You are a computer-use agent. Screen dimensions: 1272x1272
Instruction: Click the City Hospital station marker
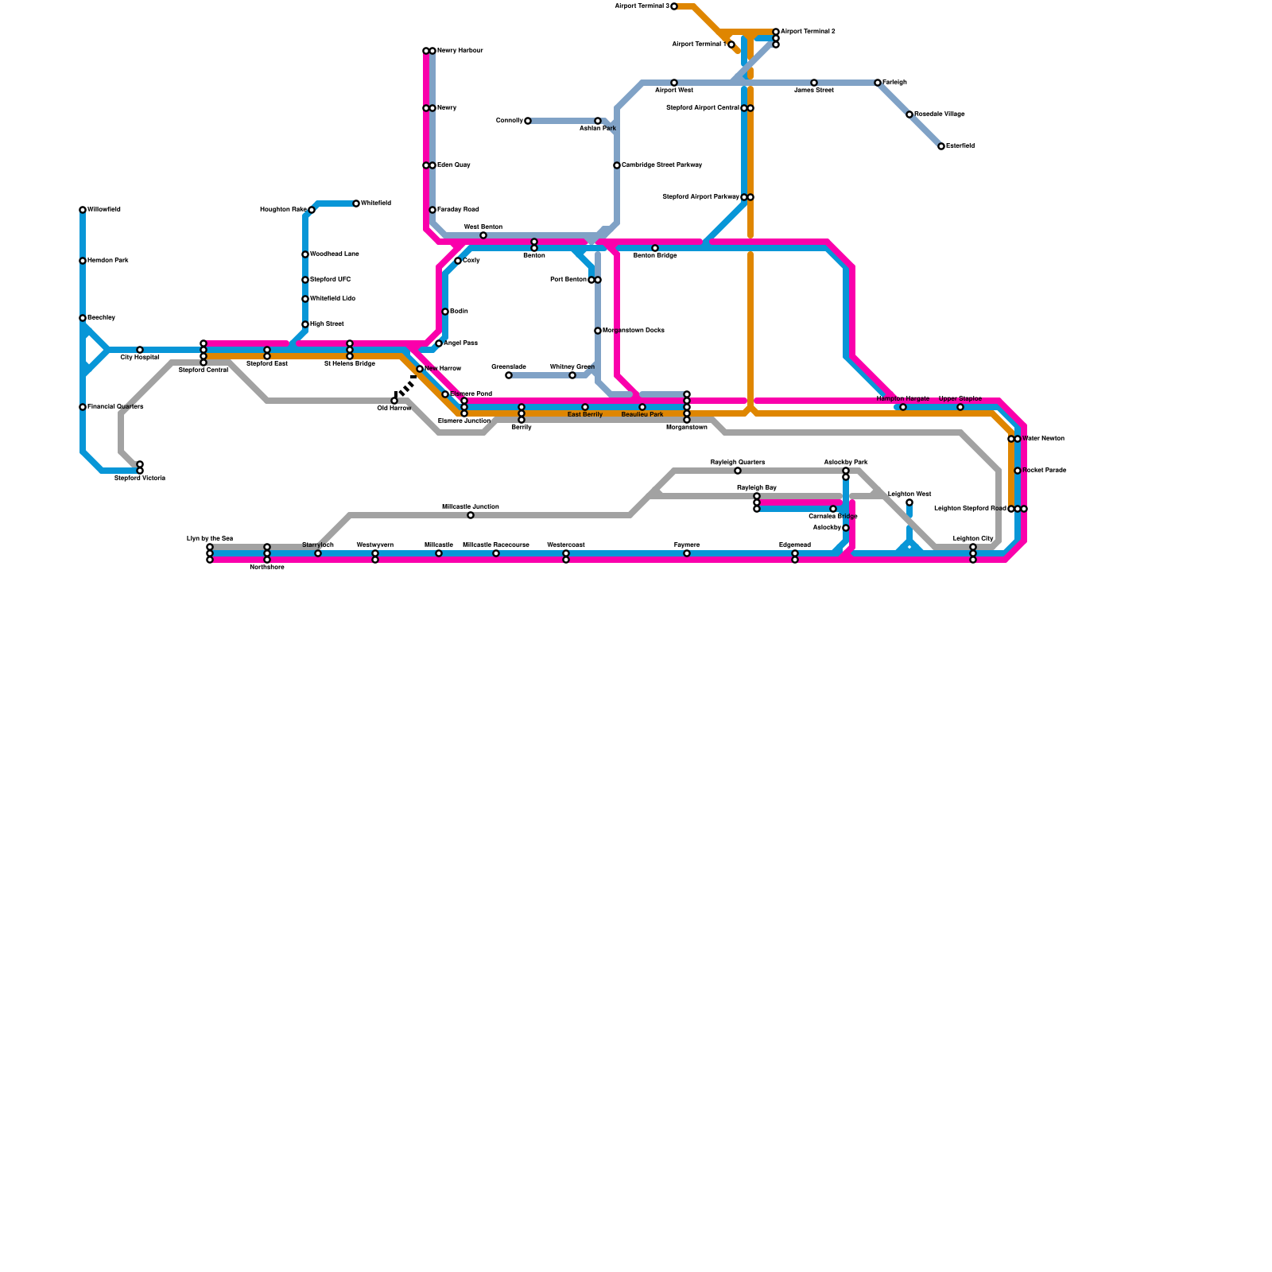point(140,350)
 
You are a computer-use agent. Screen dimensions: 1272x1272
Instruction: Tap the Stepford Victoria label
point(140,479)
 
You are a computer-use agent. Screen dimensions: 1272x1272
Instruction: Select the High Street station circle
point(305,324)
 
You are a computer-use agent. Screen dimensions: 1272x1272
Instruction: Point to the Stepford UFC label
point(330,280)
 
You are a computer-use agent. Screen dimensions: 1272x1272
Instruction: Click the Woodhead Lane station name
point(334,254)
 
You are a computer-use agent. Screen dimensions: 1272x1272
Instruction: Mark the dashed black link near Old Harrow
point(405,388)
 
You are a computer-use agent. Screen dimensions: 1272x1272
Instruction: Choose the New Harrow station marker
point(420,369)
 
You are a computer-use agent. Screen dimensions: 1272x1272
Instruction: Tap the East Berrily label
point(585,415)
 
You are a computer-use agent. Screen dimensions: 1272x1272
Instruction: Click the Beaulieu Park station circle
point(642,407)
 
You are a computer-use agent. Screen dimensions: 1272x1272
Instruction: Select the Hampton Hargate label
point(903,398)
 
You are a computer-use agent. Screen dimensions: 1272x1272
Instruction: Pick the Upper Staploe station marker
point(960,407)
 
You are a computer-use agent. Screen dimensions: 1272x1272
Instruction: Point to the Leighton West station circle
point(909,502)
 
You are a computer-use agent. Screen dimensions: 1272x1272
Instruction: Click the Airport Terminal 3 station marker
point(674,6)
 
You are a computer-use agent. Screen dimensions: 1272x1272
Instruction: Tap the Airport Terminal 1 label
point(699,45)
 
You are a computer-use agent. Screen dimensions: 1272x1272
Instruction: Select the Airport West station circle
point(674,83)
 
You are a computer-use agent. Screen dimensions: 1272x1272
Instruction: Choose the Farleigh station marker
point(878,83)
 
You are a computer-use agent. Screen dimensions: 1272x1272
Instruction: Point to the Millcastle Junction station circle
point(471,515)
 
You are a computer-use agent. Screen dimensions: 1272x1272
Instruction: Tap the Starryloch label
point(318,545)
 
